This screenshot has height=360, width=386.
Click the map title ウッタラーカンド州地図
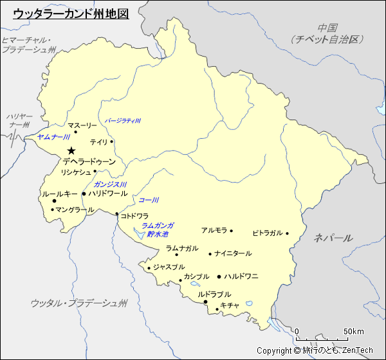point(71,13)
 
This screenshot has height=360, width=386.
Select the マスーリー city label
point(82,125)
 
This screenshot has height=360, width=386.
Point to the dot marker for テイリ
point(111,141)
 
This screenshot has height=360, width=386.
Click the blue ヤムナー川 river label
point(53,137)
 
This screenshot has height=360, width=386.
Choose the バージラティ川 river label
point(123,120)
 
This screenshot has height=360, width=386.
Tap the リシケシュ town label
point(75,172)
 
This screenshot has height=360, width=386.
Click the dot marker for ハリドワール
point(84,193)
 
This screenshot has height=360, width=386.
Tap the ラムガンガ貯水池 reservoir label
point(158,230)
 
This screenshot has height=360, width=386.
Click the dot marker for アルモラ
point(231,231)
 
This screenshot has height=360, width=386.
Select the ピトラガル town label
point(267,233)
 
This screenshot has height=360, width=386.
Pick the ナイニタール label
point(233,253)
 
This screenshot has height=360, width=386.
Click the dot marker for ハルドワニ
point(219,276)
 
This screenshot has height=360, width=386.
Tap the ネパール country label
point(333,238)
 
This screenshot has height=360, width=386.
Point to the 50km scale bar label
point(354,331)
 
